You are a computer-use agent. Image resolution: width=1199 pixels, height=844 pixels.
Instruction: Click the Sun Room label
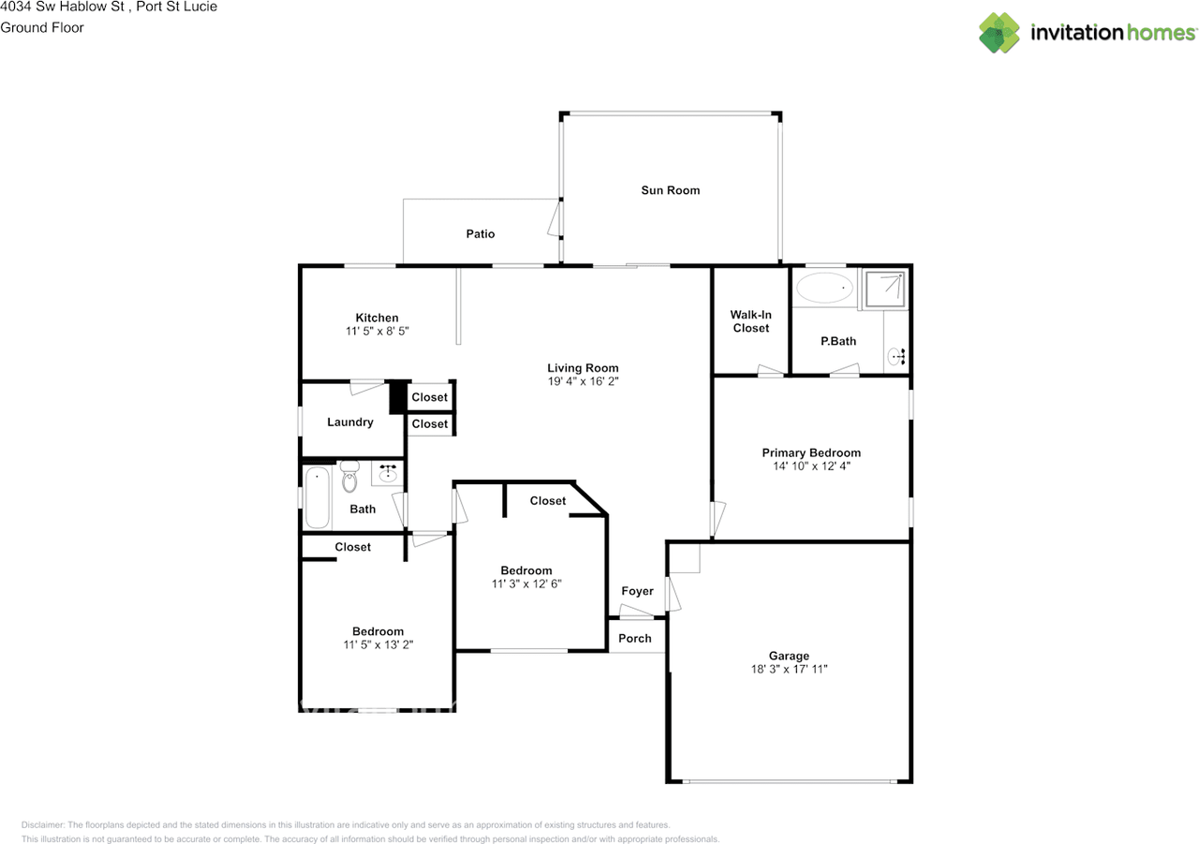670,190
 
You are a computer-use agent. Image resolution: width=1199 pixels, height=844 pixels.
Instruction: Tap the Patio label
481,233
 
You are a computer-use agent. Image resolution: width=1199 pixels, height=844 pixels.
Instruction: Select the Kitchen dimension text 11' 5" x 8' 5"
377,332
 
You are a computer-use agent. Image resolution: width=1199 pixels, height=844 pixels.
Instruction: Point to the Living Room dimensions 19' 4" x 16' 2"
583,382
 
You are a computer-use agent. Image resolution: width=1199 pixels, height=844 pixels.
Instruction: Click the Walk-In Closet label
750,321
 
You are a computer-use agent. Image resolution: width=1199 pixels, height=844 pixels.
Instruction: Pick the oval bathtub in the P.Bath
824,288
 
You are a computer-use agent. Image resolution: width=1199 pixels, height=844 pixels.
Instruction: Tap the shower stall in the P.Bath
885,289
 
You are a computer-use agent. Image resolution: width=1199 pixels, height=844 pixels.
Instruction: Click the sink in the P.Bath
897,356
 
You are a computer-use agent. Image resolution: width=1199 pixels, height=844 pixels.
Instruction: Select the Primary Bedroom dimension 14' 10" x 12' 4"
810,466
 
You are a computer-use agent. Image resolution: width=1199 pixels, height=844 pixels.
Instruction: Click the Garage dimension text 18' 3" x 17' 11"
789,669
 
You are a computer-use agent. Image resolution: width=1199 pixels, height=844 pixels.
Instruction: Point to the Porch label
635,639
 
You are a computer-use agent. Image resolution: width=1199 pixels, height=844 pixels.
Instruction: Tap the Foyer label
637,591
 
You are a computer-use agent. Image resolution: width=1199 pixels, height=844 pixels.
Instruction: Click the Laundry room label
350,422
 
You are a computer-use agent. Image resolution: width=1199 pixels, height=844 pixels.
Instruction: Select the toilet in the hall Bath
349,477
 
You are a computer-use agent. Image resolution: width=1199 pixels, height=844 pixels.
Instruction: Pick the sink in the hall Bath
387,474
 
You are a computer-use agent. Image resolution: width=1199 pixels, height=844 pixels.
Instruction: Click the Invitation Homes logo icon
999,33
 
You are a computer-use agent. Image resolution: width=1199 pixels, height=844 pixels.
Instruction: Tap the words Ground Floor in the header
42,27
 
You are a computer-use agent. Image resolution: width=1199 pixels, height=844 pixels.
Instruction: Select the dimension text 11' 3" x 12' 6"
525,584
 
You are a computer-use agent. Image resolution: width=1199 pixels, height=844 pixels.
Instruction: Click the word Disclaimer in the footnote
42,825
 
